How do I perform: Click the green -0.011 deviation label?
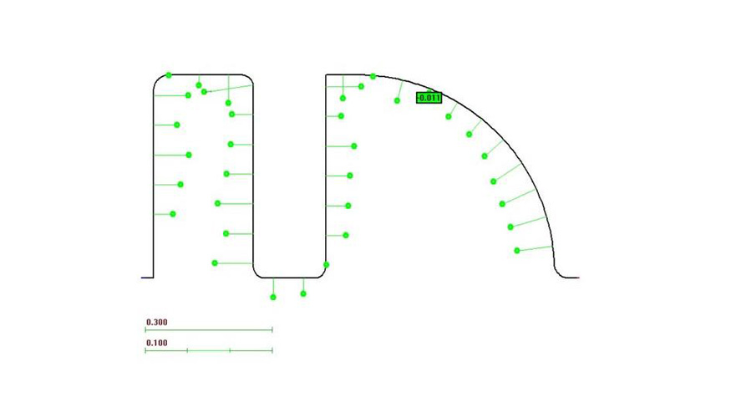(x=429, y=98)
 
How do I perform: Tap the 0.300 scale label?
(x=157, y=322)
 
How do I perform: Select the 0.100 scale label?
(x=157, y=343)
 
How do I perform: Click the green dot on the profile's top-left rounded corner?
(x=169, y=75)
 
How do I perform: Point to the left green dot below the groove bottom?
(x=273, y=297)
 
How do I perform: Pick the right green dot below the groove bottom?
(x=303, y=294)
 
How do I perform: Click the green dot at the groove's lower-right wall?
(x=327, y=265)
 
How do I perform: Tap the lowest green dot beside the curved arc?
(x=517, y=251)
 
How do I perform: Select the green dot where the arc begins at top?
(x=373, y=76)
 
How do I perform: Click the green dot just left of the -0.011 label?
(x=397, y=101)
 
